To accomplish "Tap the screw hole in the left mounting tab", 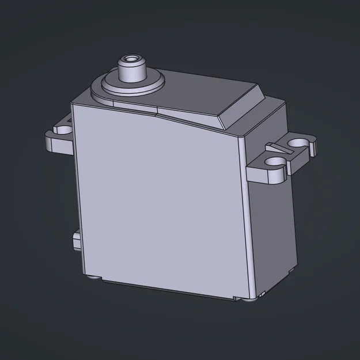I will point(62,129).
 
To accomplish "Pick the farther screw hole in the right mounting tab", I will point(298,142).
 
